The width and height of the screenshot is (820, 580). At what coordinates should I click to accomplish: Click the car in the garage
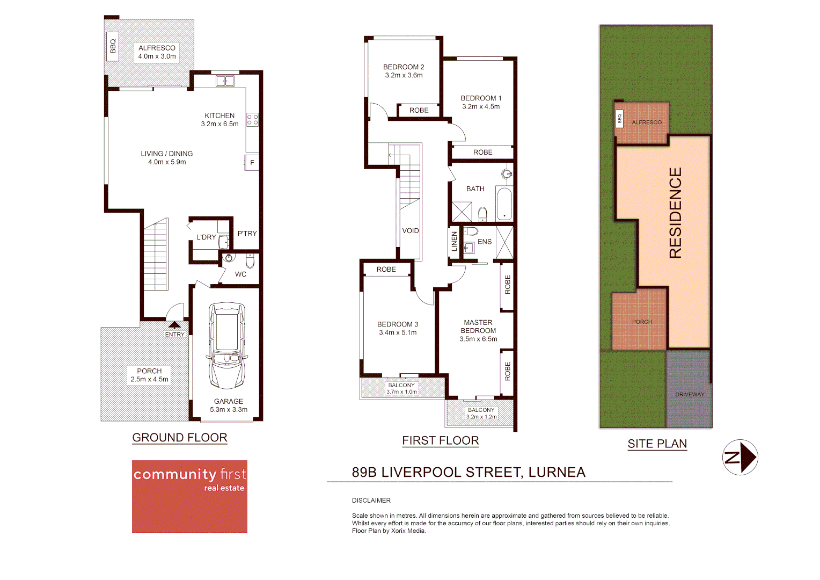coord(227,345)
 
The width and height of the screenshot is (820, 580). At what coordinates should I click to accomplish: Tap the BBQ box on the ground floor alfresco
coord(113,46)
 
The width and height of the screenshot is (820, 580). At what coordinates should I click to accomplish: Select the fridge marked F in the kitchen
coord(252,162)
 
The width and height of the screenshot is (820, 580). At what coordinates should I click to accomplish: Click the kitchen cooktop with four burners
coord(252,120)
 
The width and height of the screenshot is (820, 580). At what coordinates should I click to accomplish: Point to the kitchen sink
coord(225,81)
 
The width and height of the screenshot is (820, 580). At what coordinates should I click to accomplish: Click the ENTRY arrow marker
coord(174,325)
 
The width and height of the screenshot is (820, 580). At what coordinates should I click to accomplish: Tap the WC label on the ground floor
coord(240,274)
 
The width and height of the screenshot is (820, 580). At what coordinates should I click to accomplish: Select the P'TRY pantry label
coord(247,234)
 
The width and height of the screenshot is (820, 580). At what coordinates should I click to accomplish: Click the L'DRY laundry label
coord(206,237)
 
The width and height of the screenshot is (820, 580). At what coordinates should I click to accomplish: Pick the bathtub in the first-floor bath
coord(504,204)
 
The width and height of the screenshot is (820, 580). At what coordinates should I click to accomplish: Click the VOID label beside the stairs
coord(411,231)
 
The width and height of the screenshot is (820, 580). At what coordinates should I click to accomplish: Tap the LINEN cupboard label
coord(454,241)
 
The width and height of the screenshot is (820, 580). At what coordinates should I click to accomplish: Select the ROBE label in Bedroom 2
coord(419,111)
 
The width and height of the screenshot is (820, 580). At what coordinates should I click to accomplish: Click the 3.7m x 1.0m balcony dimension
coord(401,392)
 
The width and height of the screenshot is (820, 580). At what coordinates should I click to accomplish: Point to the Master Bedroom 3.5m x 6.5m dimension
coord(478,339)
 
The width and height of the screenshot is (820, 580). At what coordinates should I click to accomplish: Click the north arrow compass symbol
coord(740,458)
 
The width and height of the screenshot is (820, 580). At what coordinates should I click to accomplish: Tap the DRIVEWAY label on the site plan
coord(690,395)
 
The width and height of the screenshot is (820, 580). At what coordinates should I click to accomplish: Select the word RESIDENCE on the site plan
coord(675,213)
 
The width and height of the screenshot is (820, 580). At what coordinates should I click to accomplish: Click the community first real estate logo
coord(189,496)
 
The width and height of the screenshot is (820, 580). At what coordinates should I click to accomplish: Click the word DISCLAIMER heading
coord(371,501)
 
